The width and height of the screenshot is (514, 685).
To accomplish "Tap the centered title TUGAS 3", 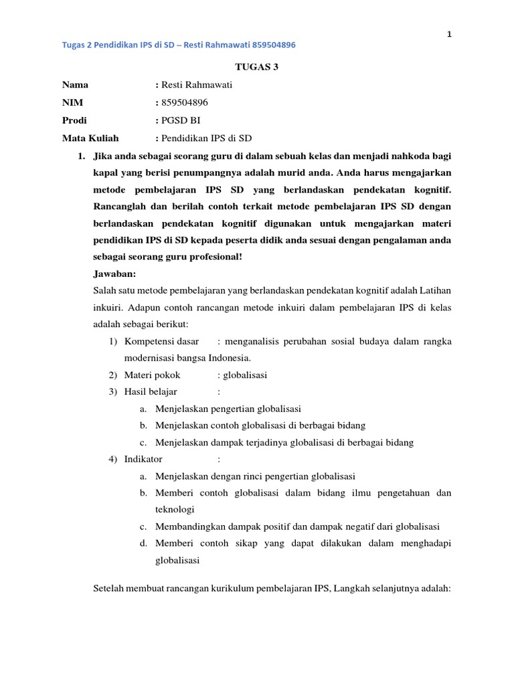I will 253,66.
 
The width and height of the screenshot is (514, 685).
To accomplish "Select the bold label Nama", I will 75,85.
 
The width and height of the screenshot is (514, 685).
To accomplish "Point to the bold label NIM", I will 73,103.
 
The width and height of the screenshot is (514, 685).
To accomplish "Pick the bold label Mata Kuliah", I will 90,138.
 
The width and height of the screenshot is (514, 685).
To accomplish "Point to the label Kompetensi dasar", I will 161,341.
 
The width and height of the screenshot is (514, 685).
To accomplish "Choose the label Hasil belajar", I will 153,392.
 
